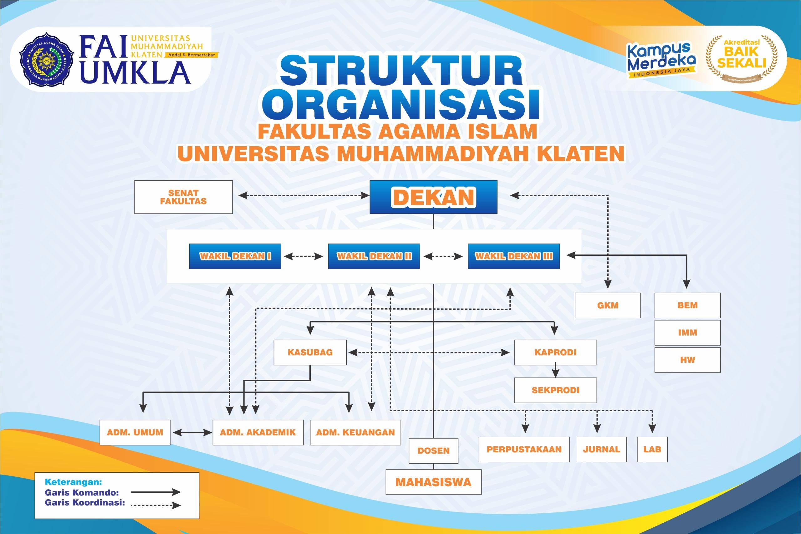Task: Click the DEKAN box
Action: (x=433, y=197)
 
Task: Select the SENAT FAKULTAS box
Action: (x=183, y=197)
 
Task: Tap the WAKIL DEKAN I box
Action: (x=235, y=256)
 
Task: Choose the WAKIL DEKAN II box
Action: (x=374, y=256)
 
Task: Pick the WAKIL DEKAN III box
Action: (x=513, y=256)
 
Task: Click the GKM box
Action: (x=608, y=305)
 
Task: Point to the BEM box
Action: (x=687, y=305)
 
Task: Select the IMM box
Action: (x=687, y=332)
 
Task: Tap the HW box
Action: (x=687, y=360)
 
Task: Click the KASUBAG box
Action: (x=310, y=352)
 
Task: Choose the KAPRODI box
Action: (x=555, y=352)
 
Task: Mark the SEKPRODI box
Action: (x=555, y=390)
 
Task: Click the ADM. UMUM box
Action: (x=135, y=433)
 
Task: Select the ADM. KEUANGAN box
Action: (x=355, y=433)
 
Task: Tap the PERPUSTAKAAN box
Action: (x=524, y=449)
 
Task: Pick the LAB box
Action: (x=652, y=449)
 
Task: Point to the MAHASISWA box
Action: (x=433, y=482)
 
